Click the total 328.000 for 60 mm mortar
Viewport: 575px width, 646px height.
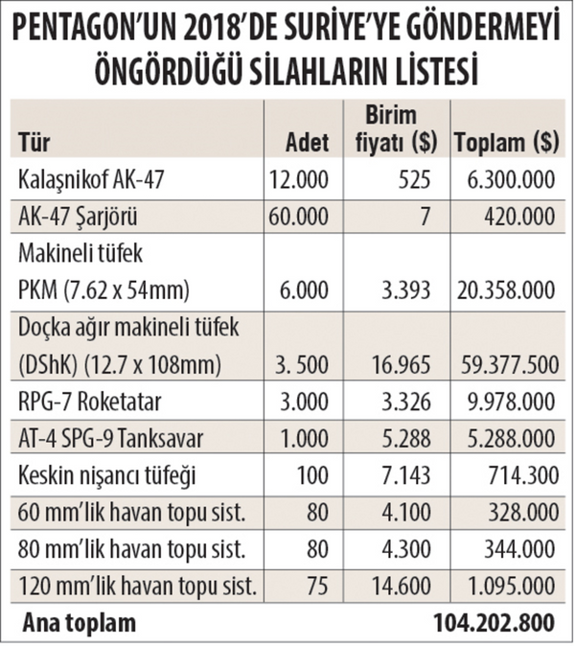515,513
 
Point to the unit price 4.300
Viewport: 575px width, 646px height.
411,549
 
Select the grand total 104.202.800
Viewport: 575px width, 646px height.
493,623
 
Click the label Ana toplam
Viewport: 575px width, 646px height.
80,623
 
